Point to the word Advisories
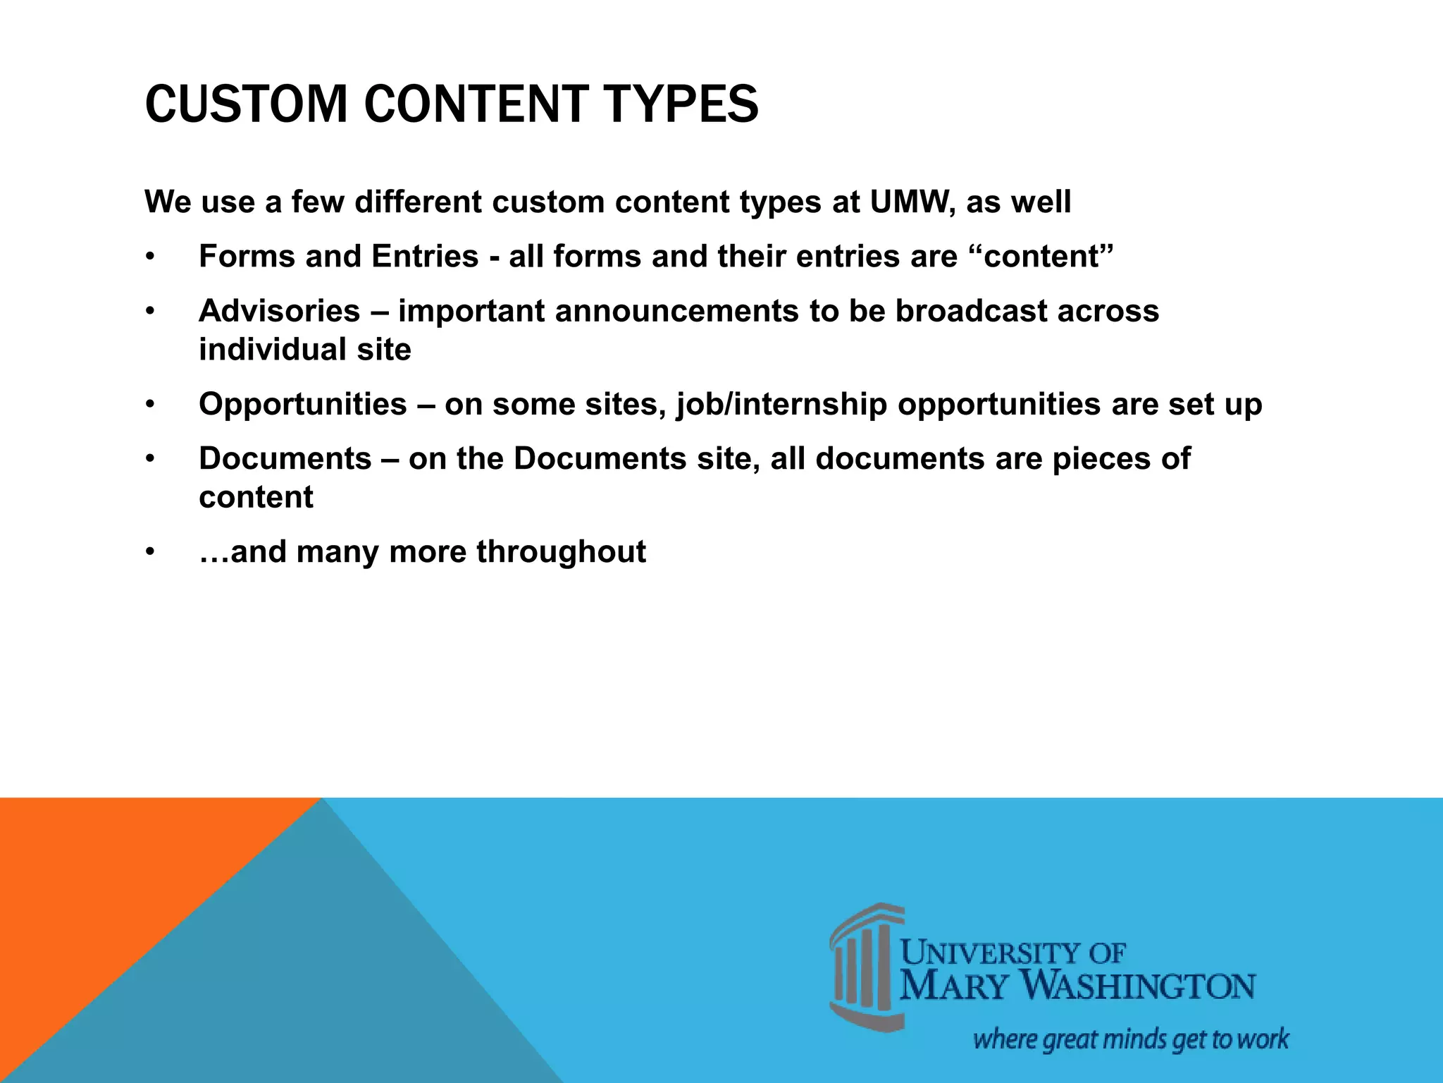point(280,311)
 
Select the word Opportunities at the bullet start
point(303,405)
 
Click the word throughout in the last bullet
point(561,551)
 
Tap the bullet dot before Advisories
point(149,312)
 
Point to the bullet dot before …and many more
point(149,552)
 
